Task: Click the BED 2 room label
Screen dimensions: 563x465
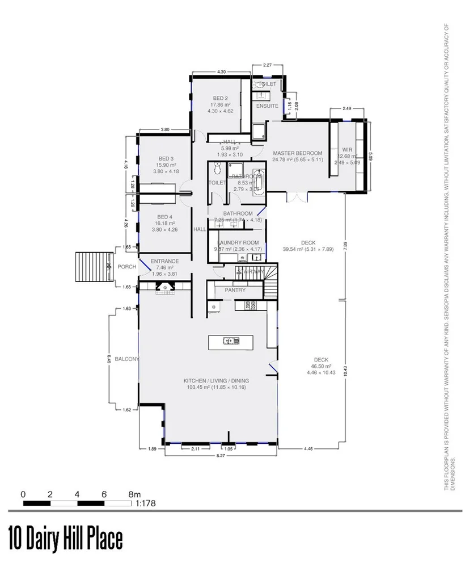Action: pos(220,98)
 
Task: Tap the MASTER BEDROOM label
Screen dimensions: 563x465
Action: pos(297,153)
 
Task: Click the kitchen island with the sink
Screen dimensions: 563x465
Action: pos(231,341)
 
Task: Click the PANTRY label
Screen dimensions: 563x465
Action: pos(235,290)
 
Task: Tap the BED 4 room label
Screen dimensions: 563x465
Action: pos(165,217)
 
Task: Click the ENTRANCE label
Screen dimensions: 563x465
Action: pos(165,261)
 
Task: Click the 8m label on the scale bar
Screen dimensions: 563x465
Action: pos(134,494)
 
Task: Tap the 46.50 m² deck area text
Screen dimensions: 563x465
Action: pos(321,367)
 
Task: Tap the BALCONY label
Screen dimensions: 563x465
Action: pos(126,359)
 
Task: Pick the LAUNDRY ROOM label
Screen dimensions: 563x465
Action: pos(238,242)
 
